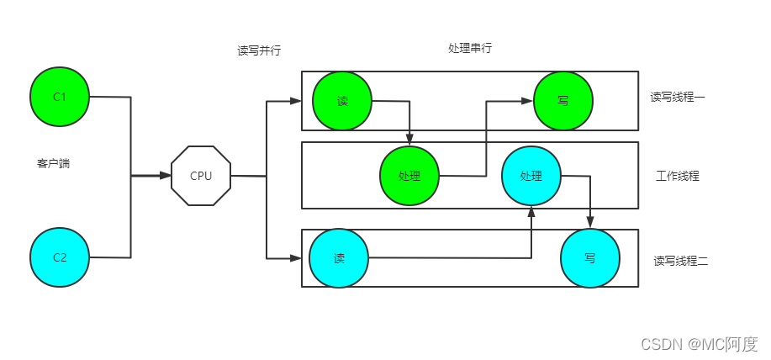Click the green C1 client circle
59,97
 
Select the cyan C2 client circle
59,257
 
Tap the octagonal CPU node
201,176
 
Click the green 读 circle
342,101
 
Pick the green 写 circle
562,100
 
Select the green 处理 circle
409,176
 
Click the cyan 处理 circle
531,176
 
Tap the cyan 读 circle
339,258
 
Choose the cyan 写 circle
589,258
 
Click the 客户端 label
53,163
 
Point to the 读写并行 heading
259,50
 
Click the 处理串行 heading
470,49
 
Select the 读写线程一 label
678,98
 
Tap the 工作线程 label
678,176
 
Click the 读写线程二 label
681,261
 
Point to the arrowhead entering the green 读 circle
296,101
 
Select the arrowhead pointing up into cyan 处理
531,211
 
